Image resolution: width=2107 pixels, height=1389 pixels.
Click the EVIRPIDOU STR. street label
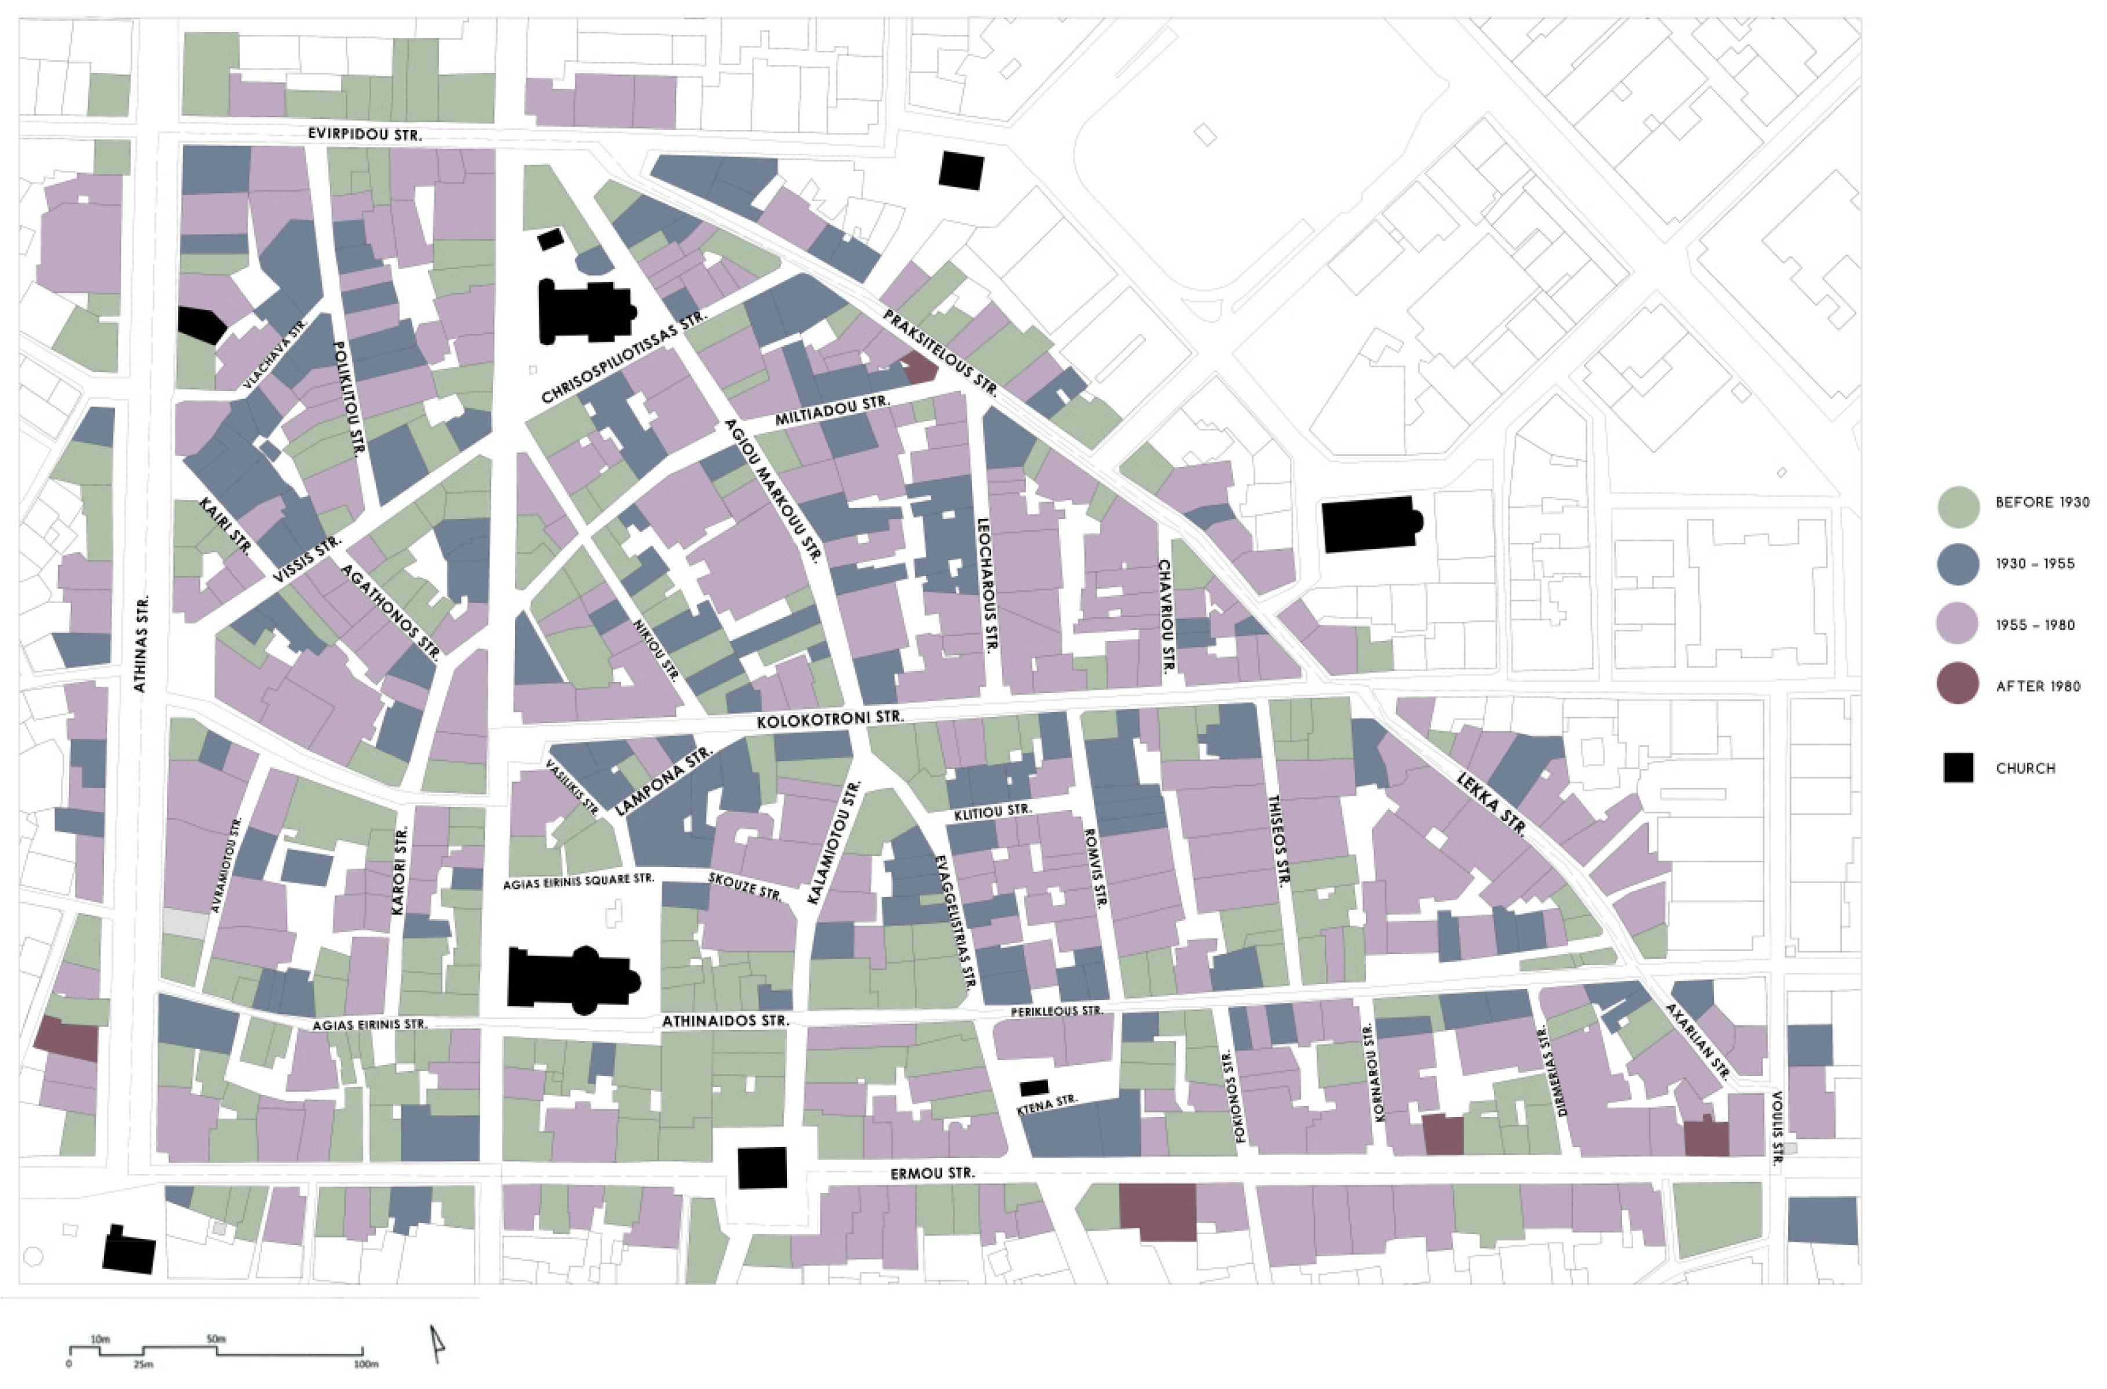coord(365,135)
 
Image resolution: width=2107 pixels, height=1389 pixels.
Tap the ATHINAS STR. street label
coord(142,642)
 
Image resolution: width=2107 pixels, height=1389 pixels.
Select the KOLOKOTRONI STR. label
coord(830,720)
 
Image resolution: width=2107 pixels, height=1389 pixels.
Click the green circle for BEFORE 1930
coord(1957,503)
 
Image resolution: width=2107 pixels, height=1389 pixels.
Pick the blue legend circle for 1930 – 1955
coord(1957,564)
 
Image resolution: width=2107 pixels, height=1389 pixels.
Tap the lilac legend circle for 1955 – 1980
coord(1957,625)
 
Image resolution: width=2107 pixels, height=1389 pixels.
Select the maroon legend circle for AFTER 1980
coord(1957,687)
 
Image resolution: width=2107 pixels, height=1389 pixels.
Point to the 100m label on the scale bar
coord(366,1364)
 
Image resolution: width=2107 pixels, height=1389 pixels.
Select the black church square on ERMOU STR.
coord(763,1167)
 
